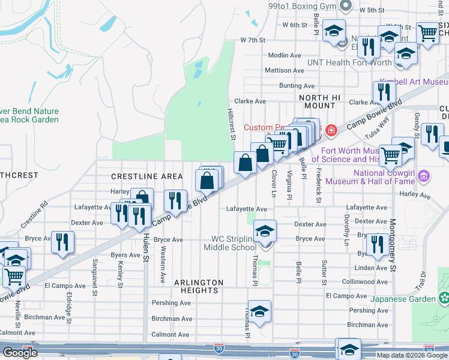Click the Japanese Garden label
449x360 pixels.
[409, 299]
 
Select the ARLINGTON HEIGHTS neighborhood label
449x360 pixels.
[199, 286]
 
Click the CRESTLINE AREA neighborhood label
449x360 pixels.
[146, 176]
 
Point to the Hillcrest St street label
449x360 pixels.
[232, 125]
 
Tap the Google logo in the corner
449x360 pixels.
[20, 353]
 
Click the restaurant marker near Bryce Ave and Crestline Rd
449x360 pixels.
[62, 242]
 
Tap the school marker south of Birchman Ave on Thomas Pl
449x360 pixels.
[259, 311]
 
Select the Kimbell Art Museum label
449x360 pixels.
[414, 82]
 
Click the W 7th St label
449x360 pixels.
[252, 40]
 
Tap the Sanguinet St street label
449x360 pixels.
[95, 277]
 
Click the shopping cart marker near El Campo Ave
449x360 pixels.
[14, 277]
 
